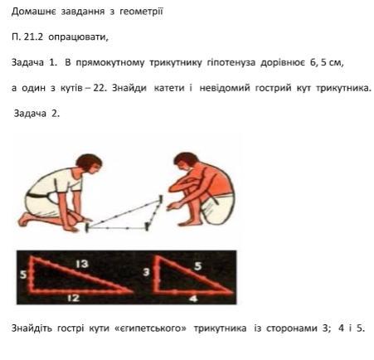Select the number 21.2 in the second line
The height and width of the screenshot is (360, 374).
tap(33, 36)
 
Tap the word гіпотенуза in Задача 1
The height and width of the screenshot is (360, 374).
tap(231, 62)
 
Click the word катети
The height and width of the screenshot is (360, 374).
tap(168, 88)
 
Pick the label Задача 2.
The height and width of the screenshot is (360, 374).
tap(36, 114)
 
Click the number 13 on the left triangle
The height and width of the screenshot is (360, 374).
tap(82, 264)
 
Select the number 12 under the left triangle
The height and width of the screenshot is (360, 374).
tap(74, 298)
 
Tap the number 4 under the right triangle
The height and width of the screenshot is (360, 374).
tap(194, 299)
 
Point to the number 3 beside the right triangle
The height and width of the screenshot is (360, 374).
tap(146, 272)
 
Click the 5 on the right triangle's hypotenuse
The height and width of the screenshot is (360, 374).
tap(198, 266)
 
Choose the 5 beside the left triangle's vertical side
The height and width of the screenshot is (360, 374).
tap(23, 275)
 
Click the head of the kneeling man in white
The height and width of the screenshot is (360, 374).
tap(89, 164)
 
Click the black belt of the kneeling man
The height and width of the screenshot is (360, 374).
tap(38, 195)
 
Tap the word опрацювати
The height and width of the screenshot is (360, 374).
tap(78, 37)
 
